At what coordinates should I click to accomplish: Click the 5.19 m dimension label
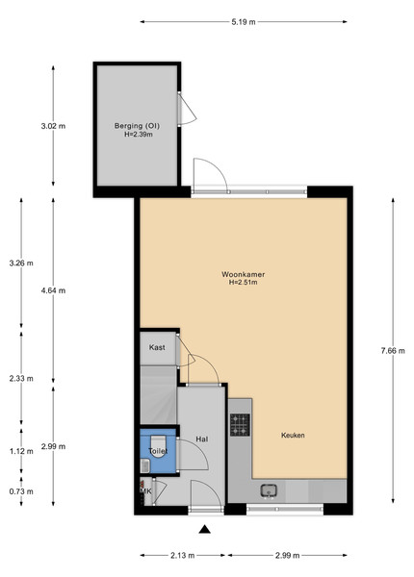(243, 22)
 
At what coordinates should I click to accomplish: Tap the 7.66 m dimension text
(393, 351)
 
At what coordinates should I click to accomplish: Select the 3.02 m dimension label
(53, 126)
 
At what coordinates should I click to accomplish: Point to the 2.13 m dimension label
(182, 555)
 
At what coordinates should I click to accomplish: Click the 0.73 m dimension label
(21, 491)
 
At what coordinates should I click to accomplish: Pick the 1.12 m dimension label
(21, 451)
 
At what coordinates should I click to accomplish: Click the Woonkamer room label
(243, 274)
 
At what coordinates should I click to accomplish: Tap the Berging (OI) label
(137, 126)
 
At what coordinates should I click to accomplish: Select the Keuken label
(293, 436)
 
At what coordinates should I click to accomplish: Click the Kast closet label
(157, 347)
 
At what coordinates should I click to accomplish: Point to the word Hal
(202, 439)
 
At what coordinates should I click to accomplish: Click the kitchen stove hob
(240, 424)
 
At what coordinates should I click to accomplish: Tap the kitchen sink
(269, 490)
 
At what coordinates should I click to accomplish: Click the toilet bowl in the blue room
(159, 445)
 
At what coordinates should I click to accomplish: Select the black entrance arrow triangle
(205, 529)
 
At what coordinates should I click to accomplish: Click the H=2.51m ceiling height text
(243, 283)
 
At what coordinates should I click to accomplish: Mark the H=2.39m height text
(139, 135)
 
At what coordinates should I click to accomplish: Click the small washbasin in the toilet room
(145, 465)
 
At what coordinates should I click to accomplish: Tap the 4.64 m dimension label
(53, 290)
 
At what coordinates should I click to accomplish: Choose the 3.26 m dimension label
(21, 263)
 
